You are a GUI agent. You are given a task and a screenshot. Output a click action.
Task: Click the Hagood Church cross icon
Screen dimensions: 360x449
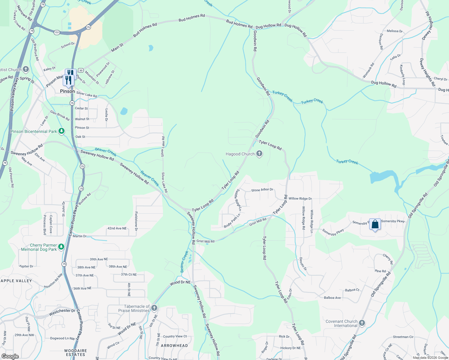click(x=259, y=154)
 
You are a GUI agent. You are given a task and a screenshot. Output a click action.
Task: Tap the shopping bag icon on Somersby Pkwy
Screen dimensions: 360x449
click(x=375, y=224)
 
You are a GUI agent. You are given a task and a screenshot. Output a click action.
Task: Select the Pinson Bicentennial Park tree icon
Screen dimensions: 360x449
click(x=62, y=131)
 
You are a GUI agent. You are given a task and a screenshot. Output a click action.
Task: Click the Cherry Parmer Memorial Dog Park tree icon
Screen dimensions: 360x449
click(x=61, y=247)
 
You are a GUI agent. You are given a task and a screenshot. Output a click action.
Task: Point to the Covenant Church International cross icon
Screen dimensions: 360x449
click(x=362, y=323)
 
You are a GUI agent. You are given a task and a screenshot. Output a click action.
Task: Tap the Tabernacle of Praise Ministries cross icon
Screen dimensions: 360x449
click(x=154, y=308)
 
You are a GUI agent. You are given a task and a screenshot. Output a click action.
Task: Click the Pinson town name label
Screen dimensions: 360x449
click(x=67, y=91)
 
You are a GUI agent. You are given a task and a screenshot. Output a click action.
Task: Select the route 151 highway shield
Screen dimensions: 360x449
click(x=57, y=32)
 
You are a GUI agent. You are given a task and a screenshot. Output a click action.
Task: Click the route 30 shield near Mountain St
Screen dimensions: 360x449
click(x=80, y=70)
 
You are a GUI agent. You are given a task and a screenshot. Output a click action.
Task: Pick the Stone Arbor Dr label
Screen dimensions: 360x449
click(x=262, y=190)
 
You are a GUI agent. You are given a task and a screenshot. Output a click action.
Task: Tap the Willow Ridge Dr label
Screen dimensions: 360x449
click(x=300, y=199)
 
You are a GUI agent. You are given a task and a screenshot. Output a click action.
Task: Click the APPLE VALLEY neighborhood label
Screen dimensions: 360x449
click(x=16, y=281)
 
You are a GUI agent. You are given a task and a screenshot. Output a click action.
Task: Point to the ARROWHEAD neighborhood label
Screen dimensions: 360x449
click(x=174, y=346)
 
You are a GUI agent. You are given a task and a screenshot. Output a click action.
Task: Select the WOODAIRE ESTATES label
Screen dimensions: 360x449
click(x=76, y=352)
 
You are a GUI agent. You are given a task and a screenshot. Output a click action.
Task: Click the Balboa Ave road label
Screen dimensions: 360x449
click(x=332, y=298)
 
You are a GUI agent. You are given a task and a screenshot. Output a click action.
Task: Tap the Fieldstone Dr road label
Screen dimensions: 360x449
click(x=136, y=221)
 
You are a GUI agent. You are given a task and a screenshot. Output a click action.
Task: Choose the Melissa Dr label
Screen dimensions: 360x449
click(x=395, y=31)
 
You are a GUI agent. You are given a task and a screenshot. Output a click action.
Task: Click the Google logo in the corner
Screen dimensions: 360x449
click(x=10, y=356)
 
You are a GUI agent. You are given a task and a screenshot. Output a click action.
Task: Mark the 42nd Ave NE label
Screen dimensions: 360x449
click(x=117, y=229)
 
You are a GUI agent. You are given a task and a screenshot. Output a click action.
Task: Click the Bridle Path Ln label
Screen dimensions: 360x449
click(x=232, y=221)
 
